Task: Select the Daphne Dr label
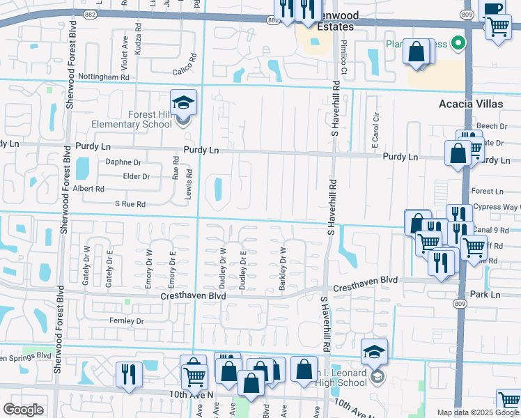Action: (x=123, y=162)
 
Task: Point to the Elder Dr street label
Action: (x=136, y=176)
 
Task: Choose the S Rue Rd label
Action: (x=130, y=205)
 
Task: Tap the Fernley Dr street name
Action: (x=126, y=321)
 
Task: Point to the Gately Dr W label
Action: (x=87, y=265)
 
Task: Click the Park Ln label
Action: (x=485, y=295)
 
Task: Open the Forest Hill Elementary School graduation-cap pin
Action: (x=183, y=103)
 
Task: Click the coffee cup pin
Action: (x=492, y=8)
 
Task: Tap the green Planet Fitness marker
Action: (x=458, y=44)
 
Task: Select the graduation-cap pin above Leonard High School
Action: (x=374, y=353)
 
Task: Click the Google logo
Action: (x=23, y=410)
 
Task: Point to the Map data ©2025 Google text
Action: (x=477, y=412)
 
